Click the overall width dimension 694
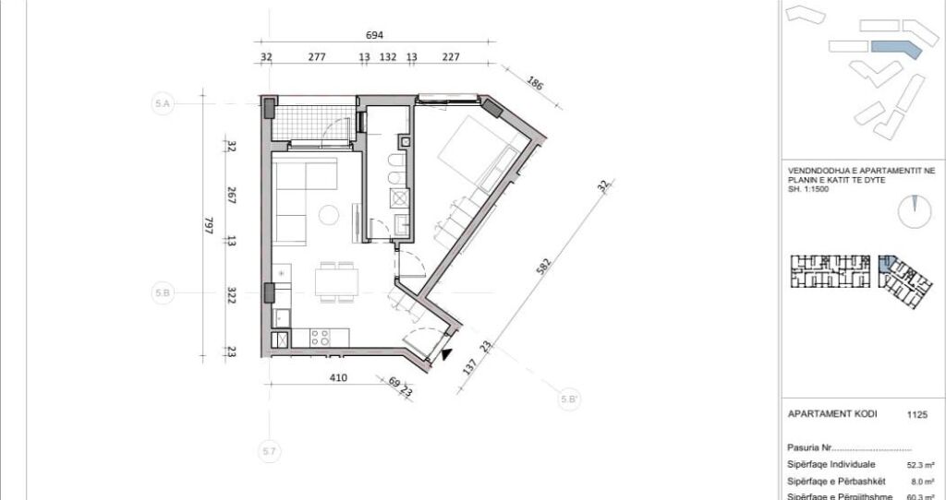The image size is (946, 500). click(x=374, y=36)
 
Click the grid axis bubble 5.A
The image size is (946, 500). click(x=163, y=105)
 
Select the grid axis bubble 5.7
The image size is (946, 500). click(x=269, y=452)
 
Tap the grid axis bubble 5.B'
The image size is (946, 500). click(x=570, y=399)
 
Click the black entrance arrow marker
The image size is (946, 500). click(x=447, y=354)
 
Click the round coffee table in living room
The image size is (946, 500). click(x=330, y=217)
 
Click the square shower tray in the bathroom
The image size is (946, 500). click(x=401, y=196)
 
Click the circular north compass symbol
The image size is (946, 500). click(x=916, y=212)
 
